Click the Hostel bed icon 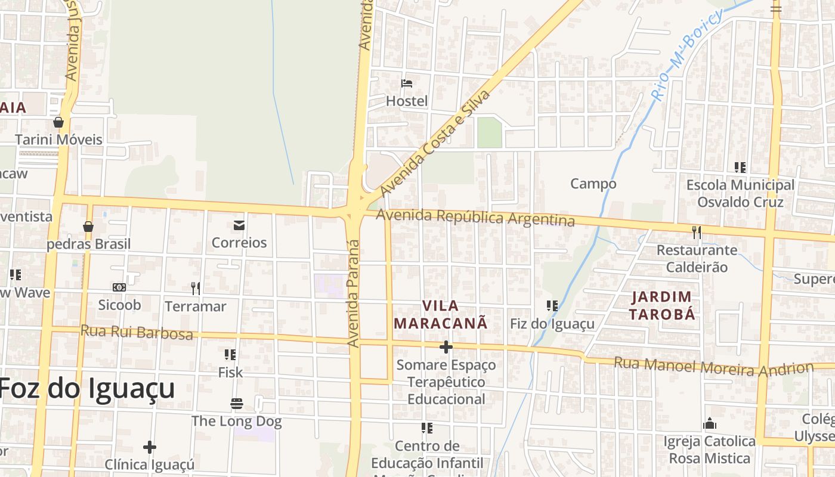click(x=407, y=83)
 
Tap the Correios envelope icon click(x=239, y=225)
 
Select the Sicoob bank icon click(x=119, y=287)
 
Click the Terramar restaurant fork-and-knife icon click(x=196, y=289)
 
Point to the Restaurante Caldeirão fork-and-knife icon click(x=696, y=232)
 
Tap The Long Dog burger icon click(x=237, y=404)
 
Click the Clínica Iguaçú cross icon click(x=149, y=447)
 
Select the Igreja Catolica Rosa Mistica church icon click(x=710, y=424)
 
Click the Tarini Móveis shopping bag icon click(x=58, y=122)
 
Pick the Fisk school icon click(x=230, y=355)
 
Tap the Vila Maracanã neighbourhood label click(x=441, y=315)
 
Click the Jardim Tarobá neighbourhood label click(x=663, y=305)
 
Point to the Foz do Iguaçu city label click(x=87, y=389)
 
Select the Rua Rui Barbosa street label click(x=137, y=332)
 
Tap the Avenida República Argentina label click(x=475, y=218)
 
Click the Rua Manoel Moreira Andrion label click(x=713, y=366)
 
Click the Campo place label click(x=593, y=184)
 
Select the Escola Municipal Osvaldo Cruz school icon click(x=740, y=168)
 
